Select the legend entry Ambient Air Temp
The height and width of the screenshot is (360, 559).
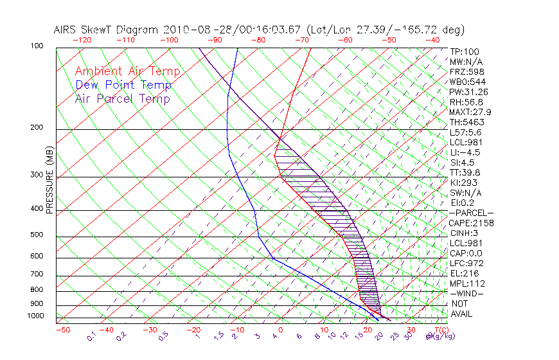[x=127, y=72]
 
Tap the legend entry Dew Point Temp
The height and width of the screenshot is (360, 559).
[x=123, y=85]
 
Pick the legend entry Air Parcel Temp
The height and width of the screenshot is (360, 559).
[x=122, y=99]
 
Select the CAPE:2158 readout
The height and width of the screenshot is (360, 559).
[x=470, y=223]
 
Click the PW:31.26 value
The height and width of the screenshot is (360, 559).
[x=468, y=92]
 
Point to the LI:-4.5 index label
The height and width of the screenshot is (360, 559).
[x=465, y=152]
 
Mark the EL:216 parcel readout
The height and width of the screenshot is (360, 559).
[x=464, y=273]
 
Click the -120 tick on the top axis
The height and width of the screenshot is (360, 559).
[x=82, y=40]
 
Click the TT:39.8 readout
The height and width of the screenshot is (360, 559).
[x=466, y=172]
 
